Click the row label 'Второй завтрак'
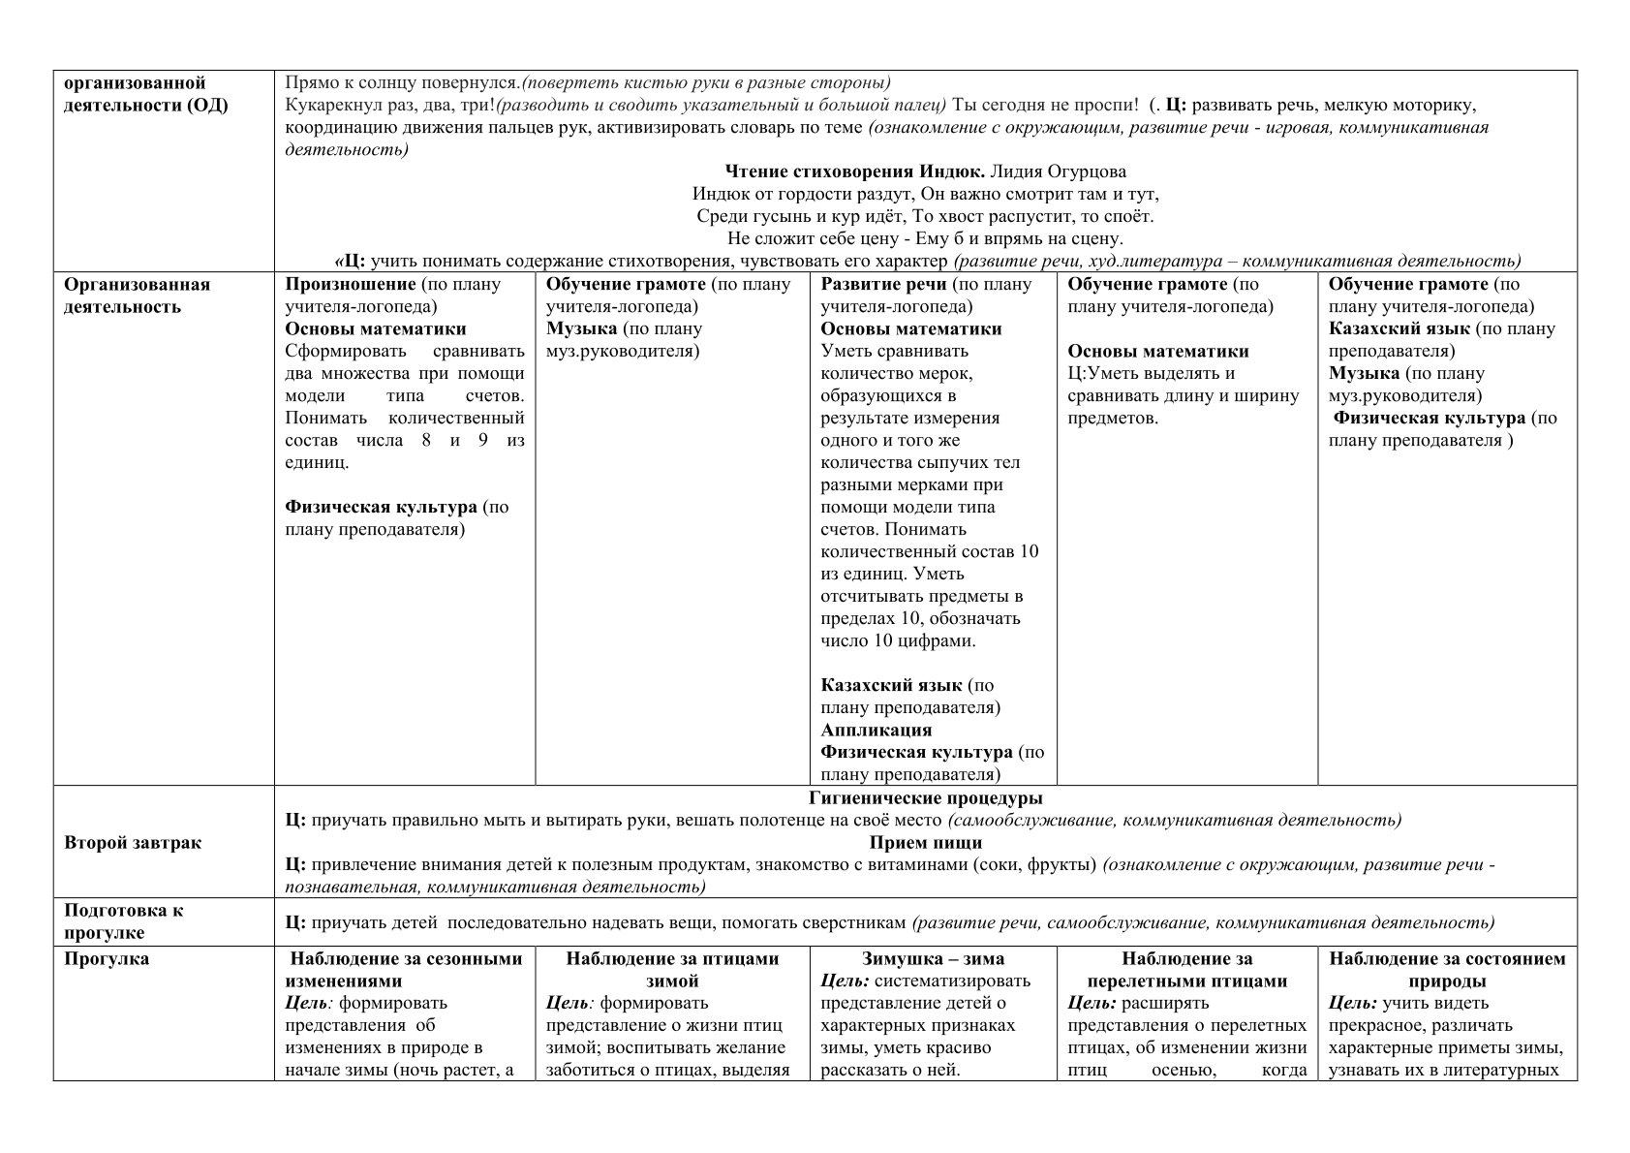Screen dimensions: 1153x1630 point(133,842)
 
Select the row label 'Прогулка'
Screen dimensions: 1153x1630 point(107,959)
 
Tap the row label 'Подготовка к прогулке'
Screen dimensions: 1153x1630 point(123,921)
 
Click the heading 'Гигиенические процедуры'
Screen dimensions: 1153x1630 point(925,798)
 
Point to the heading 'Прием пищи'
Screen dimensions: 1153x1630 point(925,842)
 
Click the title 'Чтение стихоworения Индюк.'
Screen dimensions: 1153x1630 point(855,171)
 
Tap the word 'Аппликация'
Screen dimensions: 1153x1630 point(876,730)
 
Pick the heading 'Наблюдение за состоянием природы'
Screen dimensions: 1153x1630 point(1447,969)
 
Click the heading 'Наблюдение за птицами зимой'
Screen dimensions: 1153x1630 point(672,969)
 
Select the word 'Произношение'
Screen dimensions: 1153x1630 point(351,284)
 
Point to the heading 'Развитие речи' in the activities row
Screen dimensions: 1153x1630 point(883,284)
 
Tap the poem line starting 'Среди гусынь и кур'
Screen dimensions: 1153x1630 point(925,216)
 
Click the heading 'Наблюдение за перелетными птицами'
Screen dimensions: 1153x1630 point(1186,969)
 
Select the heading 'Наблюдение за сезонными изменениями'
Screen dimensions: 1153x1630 point(406,969)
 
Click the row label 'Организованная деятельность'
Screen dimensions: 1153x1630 point(137,296)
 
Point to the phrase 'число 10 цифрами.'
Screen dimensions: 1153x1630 point(898,640)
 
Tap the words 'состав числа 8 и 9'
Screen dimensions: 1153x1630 point(387,440)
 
